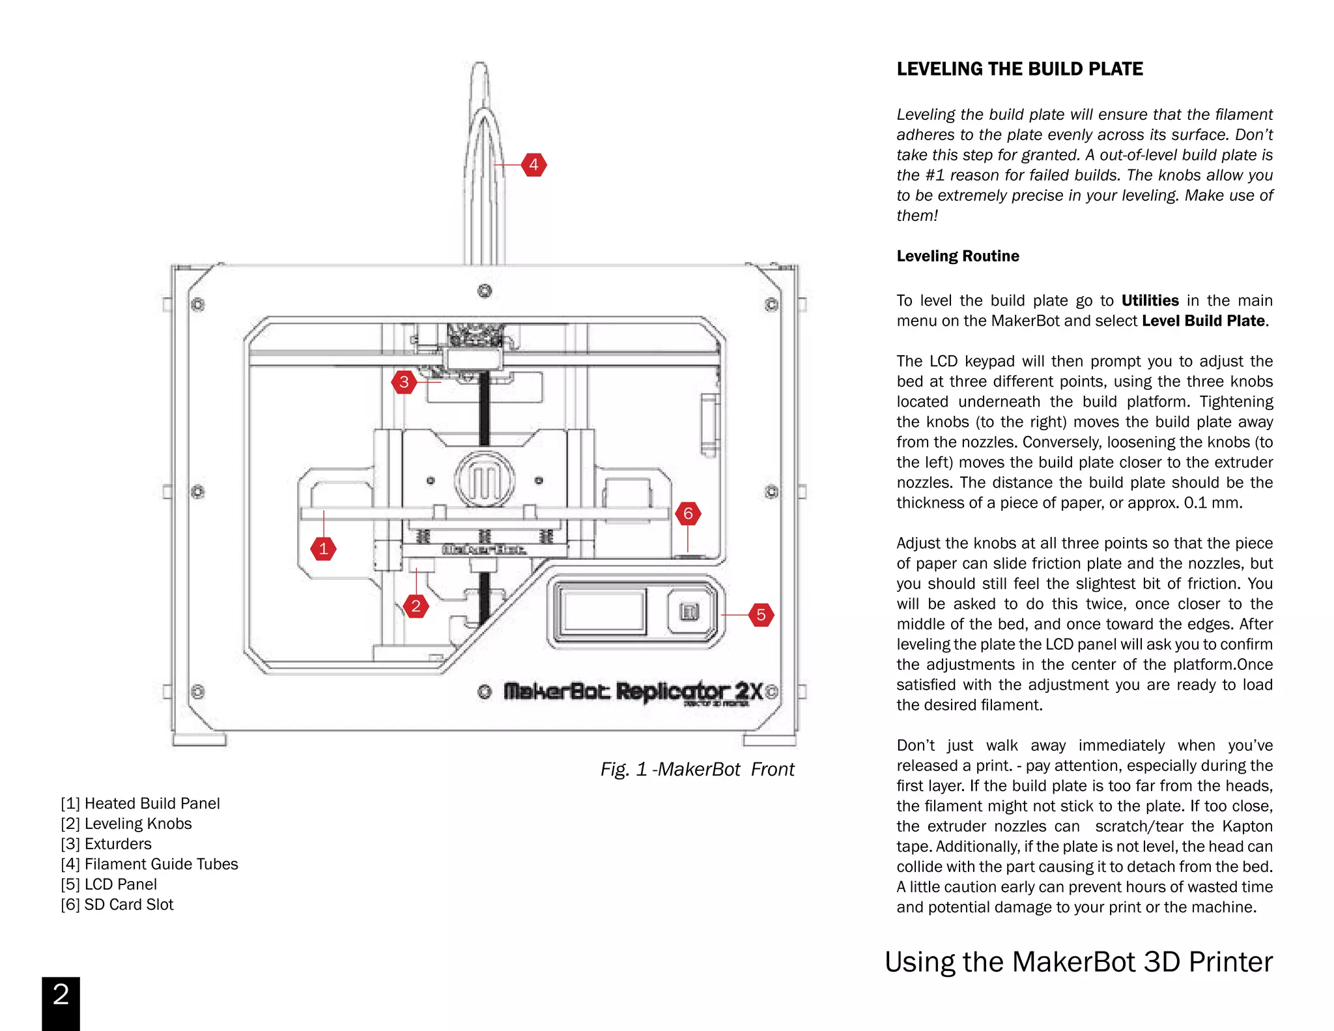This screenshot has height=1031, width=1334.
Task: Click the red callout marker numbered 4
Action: (x=533, y=165)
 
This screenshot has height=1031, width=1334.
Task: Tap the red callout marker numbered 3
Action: (x=404, y=382)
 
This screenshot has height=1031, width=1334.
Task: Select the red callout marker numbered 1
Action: (x=323, y=549)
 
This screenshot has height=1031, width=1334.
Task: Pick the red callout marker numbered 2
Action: (x=416, y=606)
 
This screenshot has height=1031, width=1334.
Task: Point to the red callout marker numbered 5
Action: (x=760, y=615)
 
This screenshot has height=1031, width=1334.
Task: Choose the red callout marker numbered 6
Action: (x=688, y=514)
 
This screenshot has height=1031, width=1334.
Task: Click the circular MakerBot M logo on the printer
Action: (x=485, y=480)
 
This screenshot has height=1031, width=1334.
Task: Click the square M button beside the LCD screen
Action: (x=689, y=611)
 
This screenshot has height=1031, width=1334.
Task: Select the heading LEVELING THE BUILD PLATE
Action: (x=1019, y=69)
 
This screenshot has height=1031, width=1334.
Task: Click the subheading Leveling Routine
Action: (x=958, y=256)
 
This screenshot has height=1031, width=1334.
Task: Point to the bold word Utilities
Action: (x=1150, y=300)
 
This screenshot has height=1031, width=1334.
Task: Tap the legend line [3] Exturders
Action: (x=106, y=844)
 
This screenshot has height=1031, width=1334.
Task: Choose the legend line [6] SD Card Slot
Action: (x=117, y=905)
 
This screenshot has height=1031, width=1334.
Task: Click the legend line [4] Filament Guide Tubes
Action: (x=149, y=864)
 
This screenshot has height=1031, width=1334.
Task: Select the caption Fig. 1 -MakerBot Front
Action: (x=697, y=770)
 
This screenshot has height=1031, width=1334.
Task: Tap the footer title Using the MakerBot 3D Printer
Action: (x=1078, y=962)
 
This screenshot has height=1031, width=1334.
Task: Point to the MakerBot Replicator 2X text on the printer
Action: (x=632, y=691)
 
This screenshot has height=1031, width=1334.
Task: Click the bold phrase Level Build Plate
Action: (x=1203, y=321)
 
